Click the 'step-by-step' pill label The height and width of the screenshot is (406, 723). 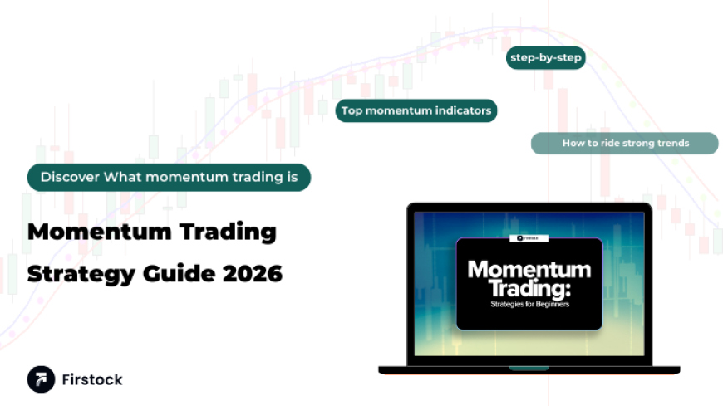click(546, 58)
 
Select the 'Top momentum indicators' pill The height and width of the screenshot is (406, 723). click(416, 110)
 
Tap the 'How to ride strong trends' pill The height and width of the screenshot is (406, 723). click(625, 143)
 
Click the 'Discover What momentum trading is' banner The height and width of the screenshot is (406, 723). click(169, 177)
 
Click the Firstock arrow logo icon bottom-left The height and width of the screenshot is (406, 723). click(41, 379)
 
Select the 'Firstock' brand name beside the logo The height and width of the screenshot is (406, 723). click(91, 379)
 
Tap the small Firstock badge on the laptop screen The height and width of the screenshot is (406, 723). click(529, 237)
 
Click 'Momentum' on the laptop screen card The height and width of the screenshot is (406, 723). click(529, 269)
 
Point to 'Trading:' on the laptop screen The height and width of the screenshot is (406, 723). click(529, 287)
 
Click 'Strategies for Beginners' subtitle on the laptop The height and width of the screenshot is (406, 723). click(529, 304)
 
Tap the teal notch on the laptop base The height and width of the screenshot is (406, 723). click(529, 367)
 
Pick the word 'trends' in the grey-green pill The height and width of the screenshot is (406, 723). click(672, 143)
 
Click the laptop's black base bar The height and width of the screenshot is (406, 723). click(449, 369)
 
